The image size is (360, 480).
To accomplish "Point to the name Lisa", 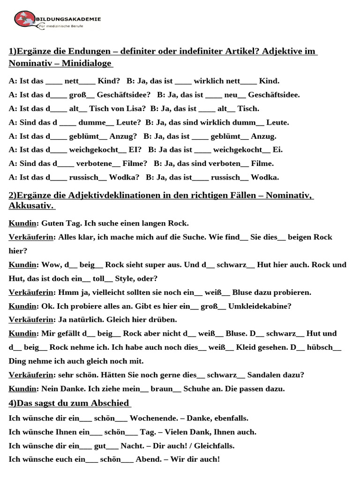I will (x=135, y=109).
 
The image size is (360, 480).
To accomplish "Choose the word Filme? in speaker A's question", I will (x=135, y=164).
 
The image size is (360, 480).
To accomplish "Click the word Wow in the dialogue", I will (x=51, y=265).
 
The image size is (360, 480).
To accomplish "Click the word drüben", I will (x=162, y=320).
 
